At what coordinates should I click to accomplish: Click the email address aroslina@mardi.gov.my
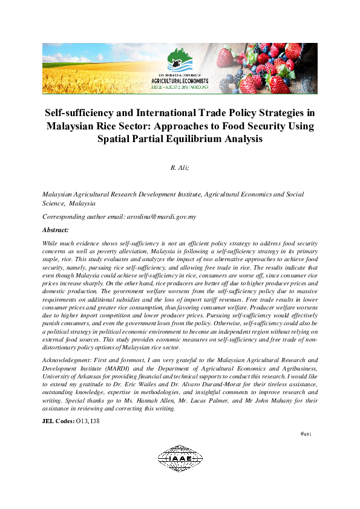pos(161,216)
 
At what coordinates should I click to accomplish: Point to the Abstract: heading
pos(55,230)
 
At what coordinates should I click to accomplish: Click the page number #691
pos(306,433)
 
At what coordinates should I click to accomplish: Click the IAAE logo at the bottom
pos(180,459)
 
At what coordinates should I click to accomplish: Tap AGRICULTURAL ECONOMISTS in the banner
pos(180,80)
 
